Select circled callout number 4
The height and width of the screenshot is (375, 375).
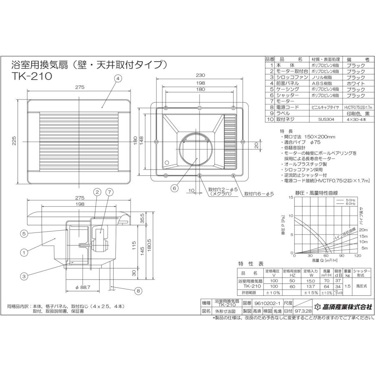pyautogui.click(x=118, y=78)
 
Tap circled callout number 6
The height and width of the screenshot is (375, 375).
pyautogui.click(x=175, y=188)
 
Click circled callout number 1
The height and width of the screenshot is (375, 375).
pyautogui.click(x=25, y=252)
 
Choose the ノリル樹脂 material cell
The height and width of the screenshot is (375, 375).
pyautogui.click(x=320, y=77)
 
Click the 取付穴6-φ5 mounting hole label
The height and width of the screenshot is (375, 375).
pyautogui.click(x=259, y=193)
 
